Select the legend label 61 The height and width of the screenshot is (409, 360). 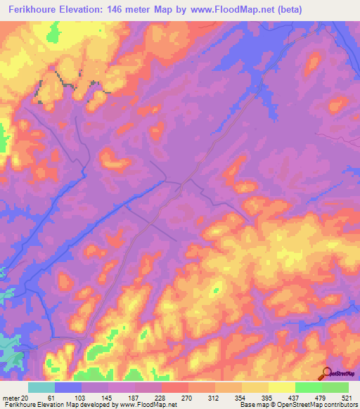[x=52, y=398]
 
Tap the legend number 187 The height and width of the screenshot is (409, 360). [x=132, y=398]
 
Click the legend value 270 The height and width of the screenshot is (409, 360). [x=186, y=398]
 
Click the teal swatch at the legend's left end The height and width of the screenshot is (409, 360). [x=41, y=387]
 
